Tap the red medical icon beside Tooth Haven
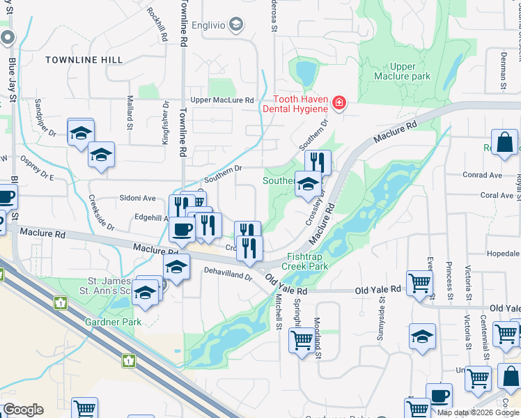coord(339,104)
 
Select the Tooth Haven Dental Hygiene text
coord(295,104)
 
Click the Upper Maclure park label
coord(402,71)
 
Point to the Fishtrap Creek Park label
coord(304,261)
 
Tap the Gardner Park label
coord(113,322)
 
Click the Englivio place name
coord(205,25)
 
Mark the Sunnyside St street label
coord(382,313)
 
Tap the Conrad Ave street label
coord(481,175)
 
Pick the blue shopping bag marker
coord(504,142)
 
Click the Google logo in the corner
coord(23,410)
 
